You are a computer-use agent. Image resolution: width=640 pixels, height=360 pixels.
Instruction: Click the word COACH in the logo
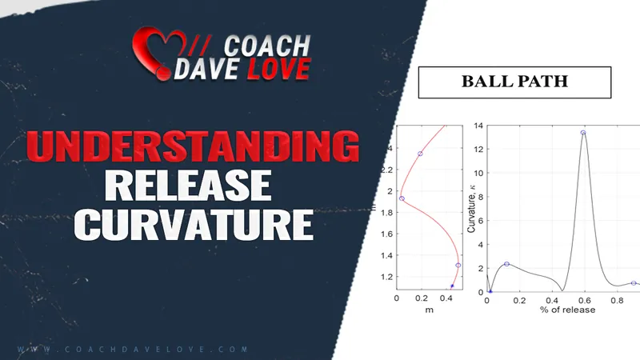pos(267,46)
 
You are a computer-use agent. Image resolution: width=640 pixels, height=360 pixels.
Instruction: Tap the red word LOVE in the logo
pos(279,69)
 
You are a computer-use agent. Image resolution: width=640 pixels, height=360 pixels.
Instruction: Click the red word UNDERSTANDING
pos(193,146)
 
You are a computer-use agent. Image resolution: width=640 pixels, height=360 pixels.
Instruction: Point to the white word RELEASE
pos(188,185)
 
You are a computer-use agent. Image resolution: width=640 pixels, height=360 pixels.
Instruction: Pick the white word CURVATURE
pos(194,224)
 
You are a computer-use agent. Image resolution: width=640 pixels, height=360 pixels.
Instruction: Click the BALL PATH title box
pos(514,82)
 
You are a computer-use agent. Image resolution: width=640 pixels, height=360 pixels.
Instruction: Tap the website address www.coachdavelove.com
pos(133,350)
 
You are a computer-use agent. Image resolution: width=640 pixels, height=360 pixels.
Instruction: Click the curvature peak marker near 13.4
pos(583,133)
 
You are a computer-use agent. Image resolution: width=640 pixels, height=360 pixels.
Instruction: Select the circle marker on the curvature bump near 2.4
pos(506,264)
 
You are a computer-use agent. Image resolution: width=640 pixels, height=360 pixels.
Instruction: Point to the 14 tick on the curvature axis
pos(478,126)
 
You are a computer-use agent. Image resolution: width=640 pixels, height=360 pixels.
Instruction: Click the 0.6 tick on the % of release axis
pos(585,301)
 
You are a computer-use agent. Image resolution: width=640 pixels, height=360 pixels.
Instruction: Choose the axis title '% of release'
pos(567,310)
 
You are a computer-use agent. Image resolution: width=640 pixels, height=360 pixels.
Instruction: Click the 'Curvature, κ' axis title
pos(471,209)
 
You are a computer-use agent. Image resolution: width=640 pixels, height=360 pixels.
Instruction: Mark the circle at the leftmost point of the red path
pos(402,198)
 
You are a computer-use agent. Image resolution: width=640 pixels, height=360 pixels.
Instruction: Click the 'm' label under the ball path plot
pos(429,310)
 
